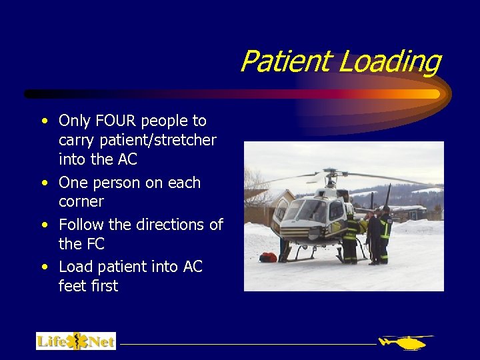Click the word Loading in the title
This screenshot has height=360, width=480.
(389, 63)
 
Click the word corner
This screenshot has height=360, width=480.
(81, 201)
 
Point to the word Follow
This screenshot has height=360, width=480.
(81, 225)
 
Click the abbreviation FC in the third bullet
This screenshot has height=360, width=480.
(95, 244)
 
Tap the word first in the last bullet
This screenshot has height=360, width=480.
(105, 286)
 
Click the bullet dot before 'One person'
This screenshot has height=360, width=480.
(44, 183)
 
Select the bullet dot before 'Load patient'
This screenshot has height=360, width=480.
(44, 267)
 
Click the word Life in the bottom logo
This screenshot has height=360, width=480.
(52, 342)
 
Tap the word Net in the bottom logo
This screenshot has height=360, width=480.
(101, 342)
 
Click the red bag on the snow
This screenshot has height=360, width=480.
(268, 257)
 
